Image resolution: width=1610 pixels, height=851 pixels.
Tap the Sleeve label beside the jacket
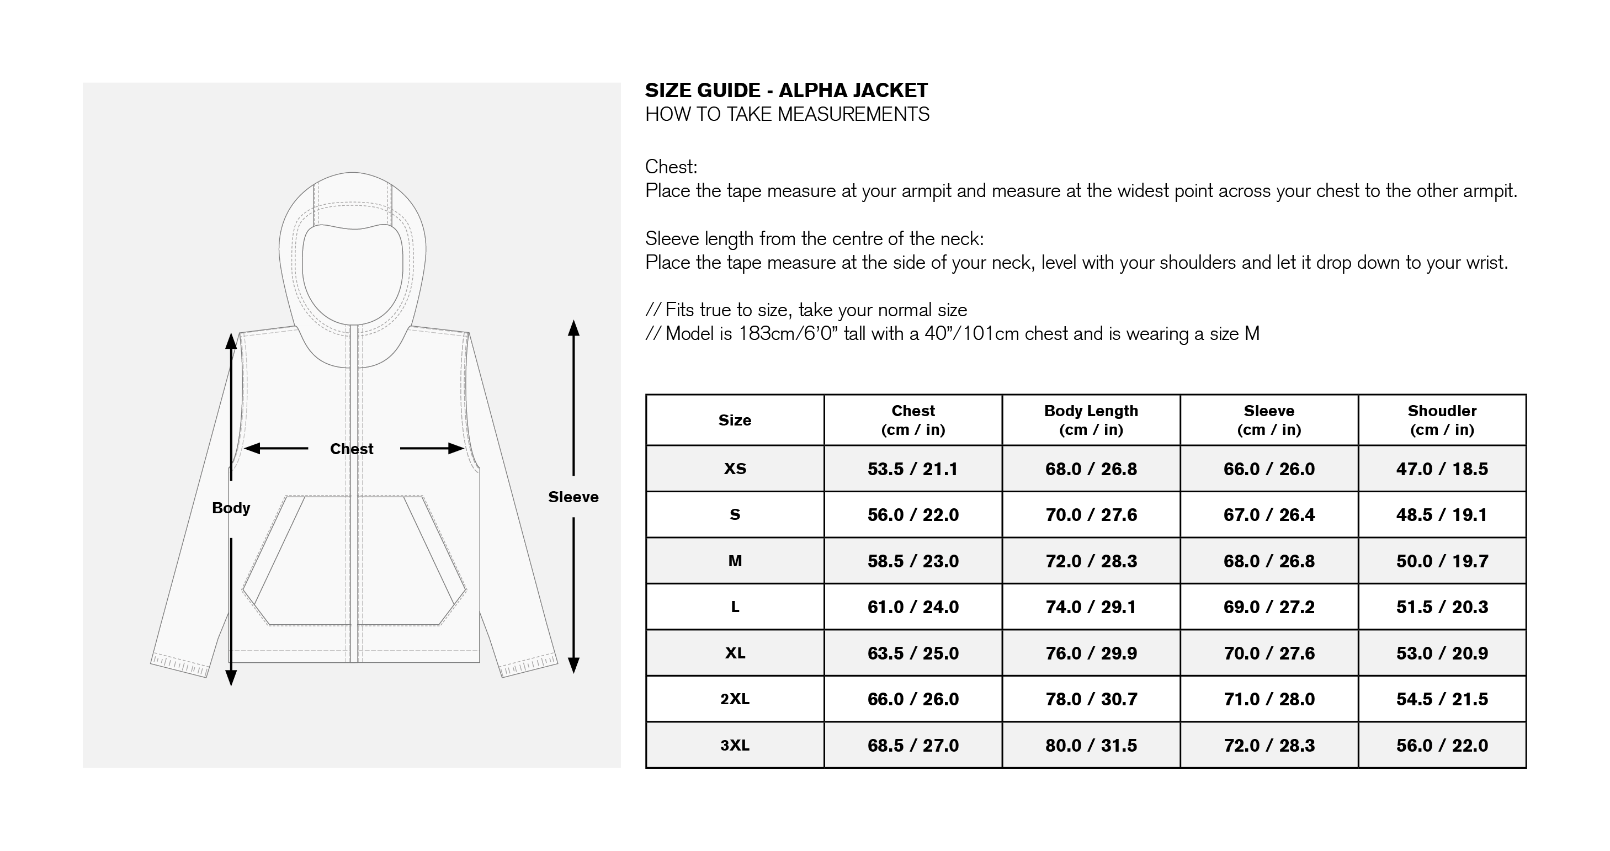(573, 497)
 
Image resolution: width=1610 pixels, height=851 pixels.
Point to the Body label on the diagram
(231, 508)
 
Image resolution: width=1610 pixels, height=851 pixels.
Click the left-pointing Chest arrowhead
(251, 448)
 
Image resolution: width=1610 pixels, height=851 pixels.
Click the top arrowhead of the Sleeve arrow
(574, 327)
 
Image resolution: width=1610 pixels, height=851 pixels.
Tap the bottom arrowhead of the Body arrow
(231, 678)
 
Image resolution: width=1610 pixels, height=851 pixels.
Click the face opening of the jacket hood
(353, 275)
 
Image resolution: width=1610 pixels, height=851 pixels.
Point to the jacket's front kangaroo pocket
(354, 561)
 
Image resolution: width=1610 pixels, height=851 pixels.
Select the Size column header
(735, 421)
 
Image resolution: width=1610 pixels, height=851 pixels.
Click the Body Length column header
(1091, 420)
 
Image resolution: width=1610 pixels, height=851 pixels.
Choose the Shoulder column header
(1442, 420)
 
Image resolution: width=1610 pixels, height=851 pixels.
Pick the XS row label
(735, 469)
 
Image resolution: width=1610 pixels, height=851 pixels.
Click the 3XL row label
(735, 746)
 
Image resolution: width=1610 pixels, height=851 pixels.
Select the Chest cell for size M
(912, 561)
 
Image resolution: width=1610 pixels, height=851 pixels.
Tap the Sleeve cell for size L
(1269, 607)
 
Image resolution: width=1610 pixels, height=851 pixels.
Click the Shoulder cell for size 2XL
(1442, 699)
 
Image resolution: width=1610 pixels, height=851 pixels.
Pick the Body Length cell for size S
(1091, 515)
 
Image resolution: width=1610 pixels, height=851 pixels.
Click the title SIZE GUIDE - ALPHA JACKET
(787, 91)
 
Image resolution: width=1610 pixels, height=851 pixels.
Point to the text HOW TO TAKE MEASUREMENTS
(787, 114)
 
